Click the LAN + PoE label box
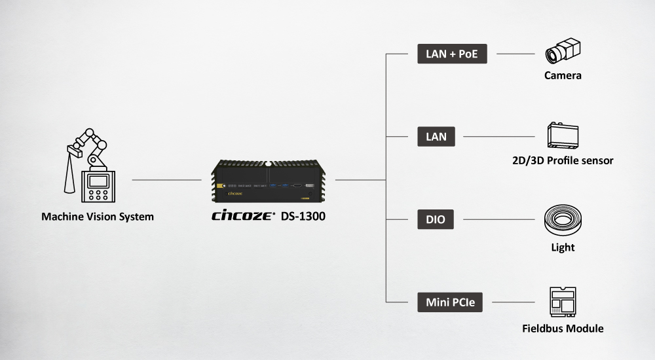[x=452, y=54]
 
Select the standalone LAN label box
[x=436, y=137]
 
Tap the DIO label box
[x=436, y=219]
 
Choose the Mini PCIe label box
[x=450, y=302]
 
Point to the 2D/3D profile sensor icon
[x=563, y=136]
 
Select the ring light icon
[x=563, y=220]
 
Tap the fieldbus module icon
[x=563, y=302]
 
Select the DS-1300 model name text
[x=303, y=216]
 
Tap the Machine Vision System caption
[x=98, y=216]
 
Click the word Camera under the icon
[x=563, y=75]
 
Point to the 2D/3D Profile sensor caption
[x=563, y=160]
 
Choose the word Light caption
[x=563, y=247]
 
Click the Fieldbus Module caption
[x=563, y=328]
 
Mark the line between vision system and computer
[x=166, y=179]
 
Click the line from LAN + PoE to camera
[x=516, y=54]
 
